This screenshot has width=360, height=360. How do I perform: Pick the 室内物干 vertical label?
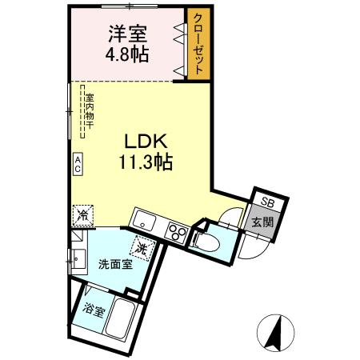[90, 113]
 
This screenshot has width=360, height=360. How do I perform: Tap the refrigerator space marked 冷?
[82, 214]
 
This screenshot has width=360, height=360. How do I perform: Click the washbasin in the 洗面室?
[78, 258]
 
